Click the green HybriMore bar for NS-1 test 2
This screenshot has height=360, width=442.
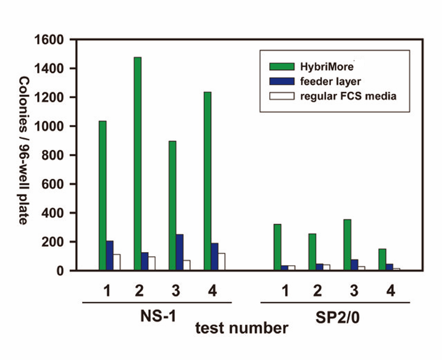click(137, 163)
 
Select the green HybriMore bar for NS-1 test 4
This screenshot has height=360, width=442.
click(207, 181)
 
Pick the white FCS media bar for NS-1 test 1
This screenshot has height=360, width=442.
click(117, 262)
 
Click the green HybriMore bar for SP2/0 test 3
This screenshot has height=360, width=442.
click(347, 245)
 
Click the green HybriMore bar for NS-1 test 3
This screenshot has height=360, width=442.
click(172, 205)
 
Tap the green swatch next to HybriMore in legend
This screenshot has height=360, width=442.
click(282, 67)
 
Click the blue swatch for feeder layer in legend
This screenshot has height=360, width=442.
click(282, 81)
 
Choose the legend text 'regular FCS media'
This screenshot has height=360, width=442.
click(348, 96)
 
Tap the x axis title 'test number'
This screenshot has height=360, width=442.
click(242, 328)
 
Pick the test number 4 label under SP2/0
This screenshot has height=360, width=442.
click(391, 291)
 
